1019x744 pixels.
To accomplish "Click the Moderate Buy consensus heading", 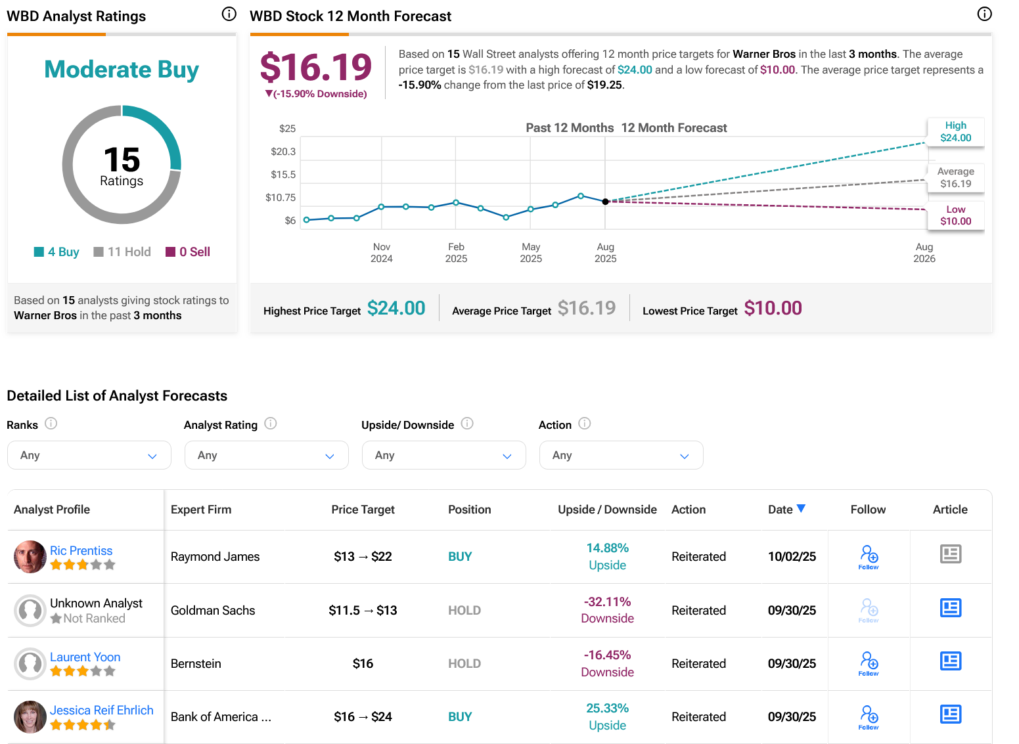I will click(x=122, y=70).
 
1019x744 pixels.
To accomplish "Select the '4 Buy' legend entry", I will click(x=57, y=252).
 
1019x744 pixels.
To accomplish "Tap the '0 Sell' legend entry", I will click(x=189, y=252).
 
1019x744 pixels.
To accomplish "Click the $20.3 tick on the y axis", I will click(x=283, y=152).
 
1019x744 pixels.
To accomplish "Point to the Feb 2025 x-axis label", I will click(x=456, y=252).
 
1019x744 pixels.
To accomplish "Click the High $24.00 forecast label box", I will click(x=955, y=131).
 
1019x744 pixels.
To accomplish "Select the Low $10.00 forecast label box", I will click(x=955, y=215).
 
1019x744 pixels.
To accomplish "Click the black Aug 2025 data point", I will click(x=605, y=202).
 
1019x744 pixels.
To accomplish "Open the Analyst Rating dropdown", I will click(x=266, y=455).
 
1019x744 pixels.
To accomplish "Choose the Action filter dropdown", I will click(x=621, y=455).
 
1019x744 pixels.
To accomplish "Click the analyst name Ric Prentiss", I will click(x=81, y=550).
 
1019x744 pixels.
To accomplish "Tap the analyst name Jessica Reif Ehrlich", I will click(x=101, y=710).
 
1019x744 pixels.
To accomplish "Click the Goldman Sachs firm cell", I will click(x=213, y=610).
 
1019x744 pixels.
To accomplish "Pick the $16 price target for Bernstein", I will click(x=363, y=663).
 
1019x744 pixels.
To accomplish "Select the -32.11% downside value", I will click(x=607, y=602).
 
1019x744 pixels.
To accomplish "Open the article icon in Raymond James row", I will click(x=950, y=554).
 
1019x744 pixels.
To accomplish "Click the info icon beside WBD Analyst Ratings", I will click(x=229, y=14).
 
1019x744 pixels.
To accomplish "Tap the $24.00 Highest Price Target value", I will click(x=396, y=308).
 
